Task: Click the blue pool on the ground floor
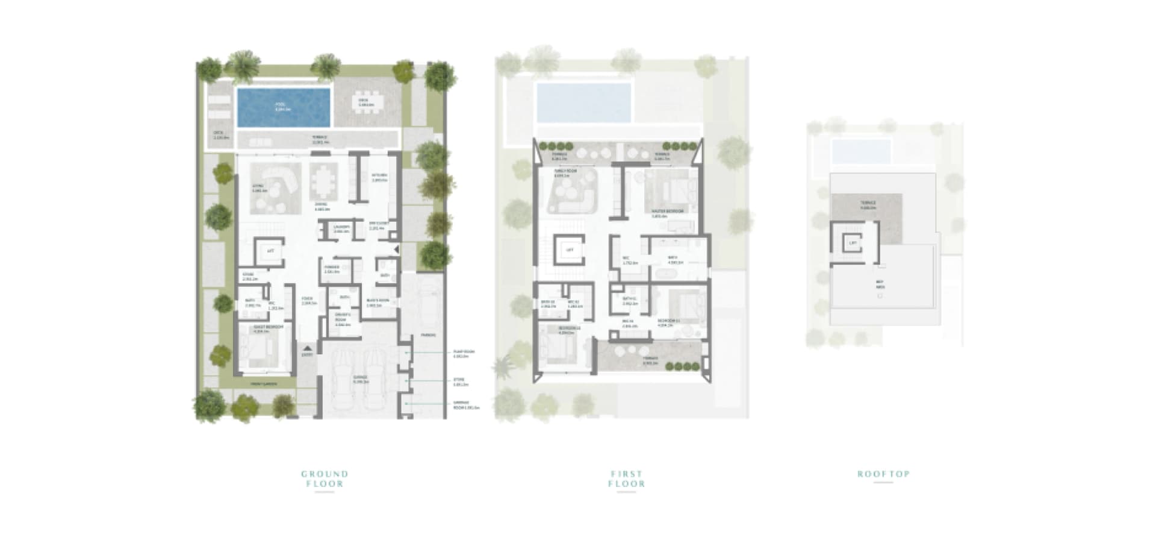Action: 284,107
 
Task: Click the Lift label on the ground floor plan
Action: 270,251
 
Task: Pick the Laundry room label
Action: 341,228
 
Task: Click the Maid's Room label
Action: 378,302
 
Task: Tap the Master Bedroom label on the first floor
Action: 667,213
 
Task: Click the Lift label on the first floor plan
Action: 570,250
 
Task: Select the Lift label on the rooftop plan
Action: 853,243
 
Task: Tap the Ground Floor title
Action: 325,479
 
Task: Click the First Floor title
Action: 626,479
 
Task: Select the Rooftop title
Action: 883,474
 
